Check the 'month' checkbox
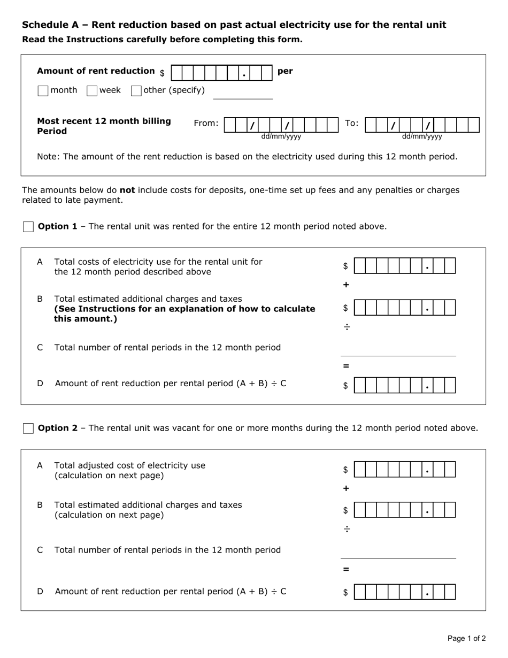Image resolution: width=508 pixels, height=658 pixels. (x=43, y=91)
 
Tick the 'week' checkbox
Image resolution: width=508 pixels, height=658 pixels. (x=92, y=91)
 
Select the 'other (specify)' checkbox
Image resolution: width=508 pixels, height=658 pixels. (x=136, y=91)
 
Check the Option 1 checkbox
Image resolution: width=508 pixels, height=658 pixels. (x=28, y=227)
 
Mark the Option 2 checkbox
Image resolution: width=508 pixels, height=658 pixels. (x=28, y=429)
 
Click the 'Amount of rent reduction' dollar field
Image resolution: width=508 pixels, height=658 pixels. (x=221, y=73)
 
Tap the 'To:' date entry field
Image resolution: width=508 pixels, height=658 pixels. (x=422, y=125)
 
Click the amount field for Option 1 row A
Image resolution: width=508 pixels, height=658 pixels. (x=405, y=266)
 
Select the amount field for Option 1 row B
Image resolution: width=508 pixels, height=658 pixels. (x=405, y=308)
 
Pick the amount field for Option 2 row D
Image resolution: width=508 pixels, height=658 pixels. (x=405, y=592)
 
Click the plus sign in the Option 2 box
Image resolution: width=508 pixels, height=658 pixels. (x=346, y=488)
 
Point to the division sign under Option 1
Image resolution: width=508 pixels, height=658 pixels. (x=347, y=327)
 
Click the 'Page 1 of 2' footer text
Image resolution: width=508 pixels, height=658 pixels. (x=466, y=638)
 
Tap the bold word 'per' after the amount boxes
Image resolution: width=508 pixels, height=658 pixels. (x=285, y=71)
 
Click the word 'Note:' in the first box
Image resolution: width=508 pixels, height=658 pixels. (x=48, y=157)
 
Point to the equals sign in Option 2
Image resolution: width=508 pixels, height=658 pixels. (x=346, y=569)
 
